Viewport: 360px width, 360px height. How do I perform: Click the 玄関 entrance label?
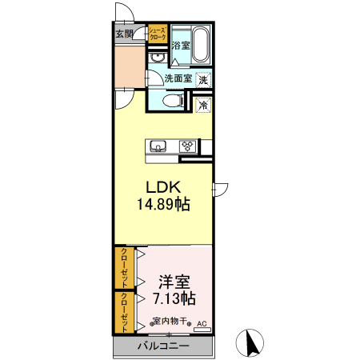[x=124, y=34]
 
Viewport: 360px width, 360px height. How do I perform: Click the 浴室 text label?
[x=181, y=46]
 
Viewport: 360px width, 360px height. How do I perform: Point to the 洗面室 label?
[x=178, y=78]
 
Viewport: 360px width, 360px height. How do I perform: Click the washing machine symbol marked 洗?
[x=204, y=79]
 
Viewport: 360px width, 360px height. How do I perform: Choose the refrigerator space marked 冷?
[x=204, y=105]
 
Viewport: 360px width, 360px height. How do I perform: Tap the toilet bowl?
[x=170, y=101]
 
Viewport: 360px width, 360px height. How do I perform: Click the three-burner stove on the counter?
[x=188, y=146]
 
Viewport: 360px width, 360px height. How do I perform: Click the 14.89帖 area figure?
[x=163, y=205]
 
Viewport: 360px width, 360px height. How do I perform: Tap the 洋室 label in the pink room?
[x=174, y=282]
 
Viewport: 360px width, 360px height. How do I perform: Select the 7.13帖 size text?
[x=174, y=299]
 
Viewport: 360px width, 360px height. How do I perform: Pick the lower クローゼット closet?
[x=125, y=312]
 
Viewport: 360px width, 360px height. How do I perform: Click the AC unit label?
[x=201, y=323]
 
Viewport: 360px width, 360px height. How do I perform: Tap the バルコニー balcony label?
[x=162, y=347]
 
